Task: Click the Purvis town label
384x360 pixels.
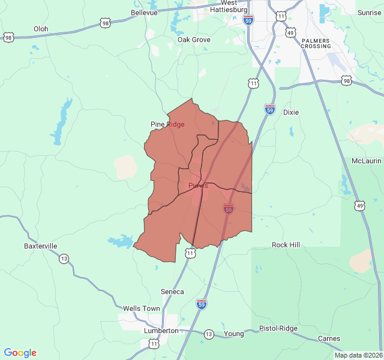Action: pos(198,185)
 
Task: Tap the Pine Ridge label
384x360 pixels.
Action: pos(167,124)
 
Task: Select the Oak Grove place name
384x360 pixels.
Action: pos(194,40)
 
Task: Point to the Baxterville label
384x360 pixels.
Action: pos(41,246)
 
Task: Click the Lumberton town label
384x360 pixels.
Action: pos(161,331)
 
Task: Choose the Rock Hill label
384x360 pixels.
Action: pos(286,245)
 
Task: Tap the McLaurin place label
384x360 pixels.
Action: pos(367,161)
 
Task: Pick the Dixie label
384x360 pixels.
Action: pos(290,112)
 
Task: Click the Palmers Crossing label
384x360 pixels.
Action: pos(316,43)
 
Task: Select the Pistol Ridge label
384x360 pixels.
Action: pos(278,328)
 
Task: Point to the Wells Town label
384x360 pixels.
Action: pos(142,308)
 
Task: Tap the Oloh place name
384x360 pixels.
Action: pos(41,29)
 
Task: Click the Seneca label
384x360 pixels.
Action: pos(172,292)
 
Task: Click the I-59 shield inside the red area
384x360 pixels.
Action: pos(228,209)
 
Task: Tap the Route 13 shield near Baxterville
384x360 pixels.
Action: pos(64,259)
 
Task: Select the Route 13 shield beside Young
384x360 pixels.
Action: pos(208,334)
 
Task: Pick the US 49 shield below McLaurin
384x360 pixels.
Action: pos(359,206)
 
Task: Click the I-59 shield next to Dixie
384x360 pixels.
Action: pos(270,109)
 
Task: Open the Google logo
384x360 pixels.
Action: pos(20,353)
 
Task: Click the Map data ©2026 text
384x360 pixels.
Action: pos(358,355)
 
